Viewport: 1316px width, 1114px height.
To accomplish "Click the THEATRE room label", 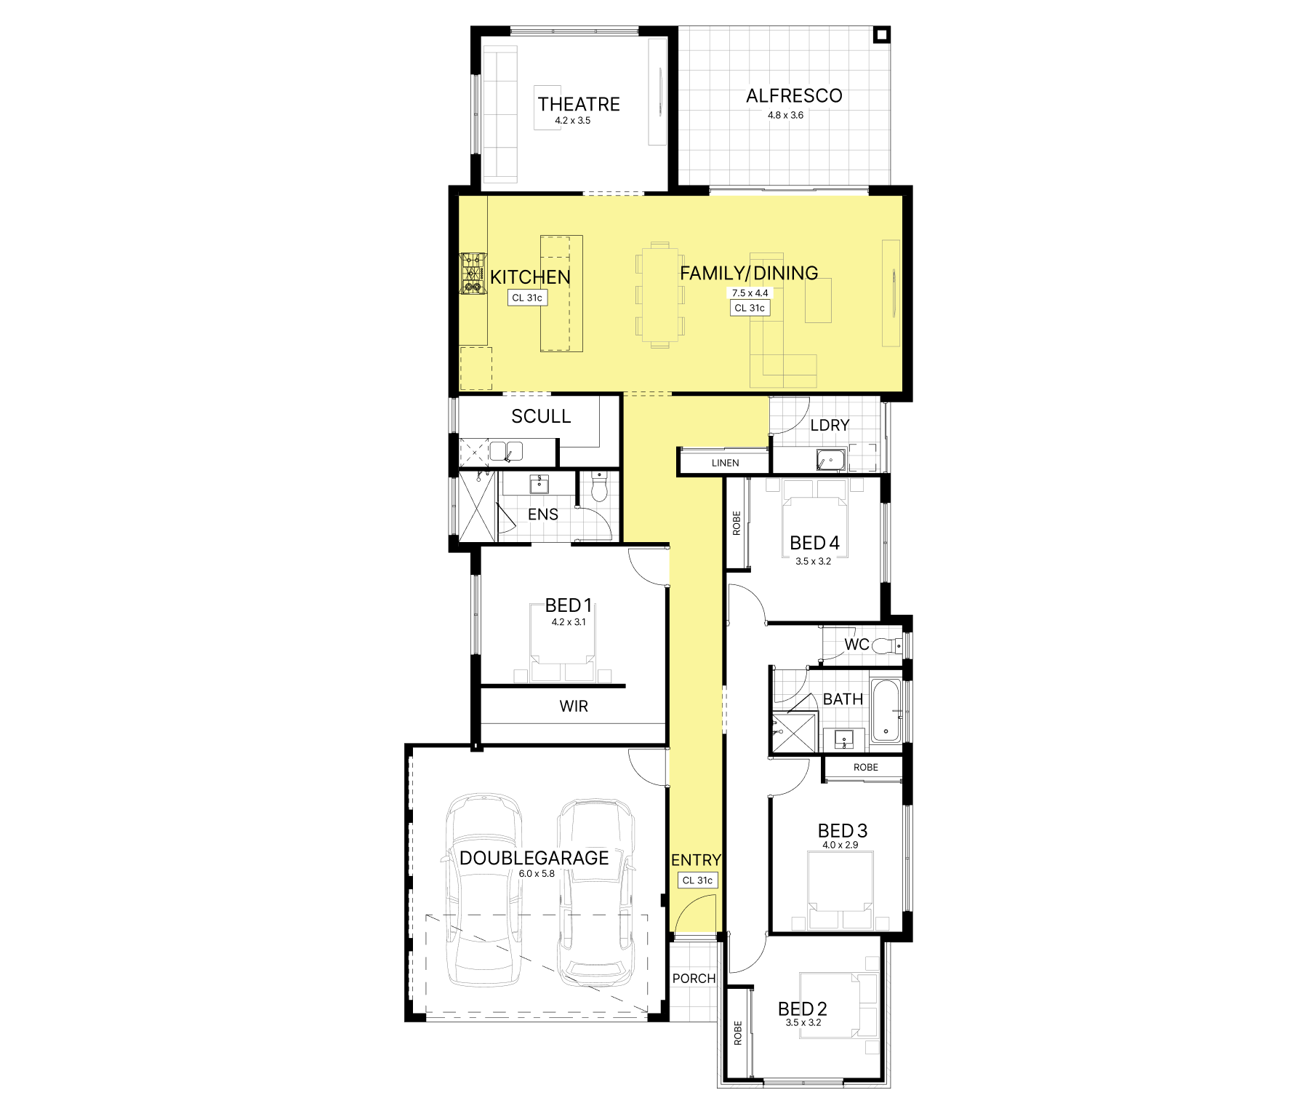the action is (579, 104).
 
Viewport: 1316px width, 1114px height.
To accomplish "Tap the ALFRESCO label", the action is (794, 96).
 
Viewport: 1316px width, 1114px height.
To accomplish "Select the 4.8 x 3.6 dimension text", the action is (786, 115).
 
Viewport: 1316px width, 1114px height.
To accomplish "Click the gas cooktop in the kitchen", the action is (473, 274).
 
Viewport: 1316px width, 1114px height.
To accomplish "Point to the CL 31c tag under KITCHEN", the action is (527, 298).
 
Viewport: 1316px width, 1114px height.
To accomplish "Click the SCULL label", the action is (541, 416).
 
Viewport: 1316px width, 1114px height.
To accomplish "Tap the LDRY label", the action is (830, 425).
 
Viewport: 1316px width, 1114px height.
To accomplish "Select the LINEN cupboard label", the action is (725, 463).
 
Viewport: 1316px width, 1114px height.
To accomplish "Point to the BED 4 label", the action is (814, 543).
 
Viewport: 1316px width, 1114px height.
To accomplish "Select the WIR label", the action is (574, 706).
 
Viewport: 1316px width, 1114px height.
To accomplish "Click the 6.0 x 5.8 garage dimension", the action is (537, 874).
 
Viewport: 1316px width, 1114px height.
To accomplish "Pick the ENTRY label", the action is (696, 860).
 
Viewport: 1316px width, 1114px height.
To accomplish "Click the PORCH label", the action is (694, 979).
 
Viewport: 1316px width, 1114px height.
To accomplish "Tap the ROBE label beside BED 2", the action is (738, 1033).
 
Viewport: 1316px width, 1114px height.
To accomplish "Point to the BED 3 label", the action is (842, 831).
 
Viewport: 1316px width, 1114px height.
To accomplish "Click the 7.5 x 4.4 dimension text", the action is (750, 293).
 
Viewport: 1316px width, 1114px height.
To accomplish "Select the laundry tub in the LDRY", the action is (831, 461).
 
